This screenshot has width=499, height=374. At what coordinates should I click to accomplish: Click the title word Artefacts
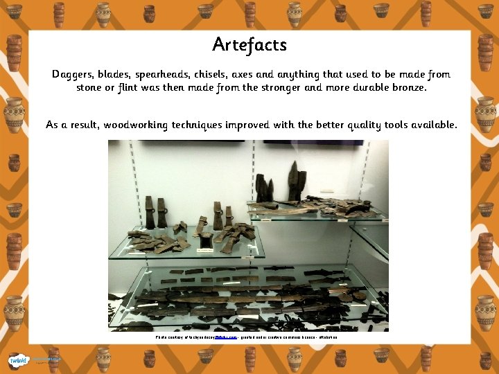pyautogui.click(x=249, y=45)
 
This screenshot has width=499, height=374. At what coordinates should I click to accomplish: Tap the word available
pyautogui.click(x=429, y=125)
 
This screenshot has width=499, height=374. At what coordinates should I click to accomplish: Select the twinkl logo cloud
pyautogui.click(x=18, y=360)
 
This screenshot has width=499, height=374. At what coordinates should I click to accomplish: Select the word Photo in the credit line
pyautogui.click(x=161, y=337)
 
